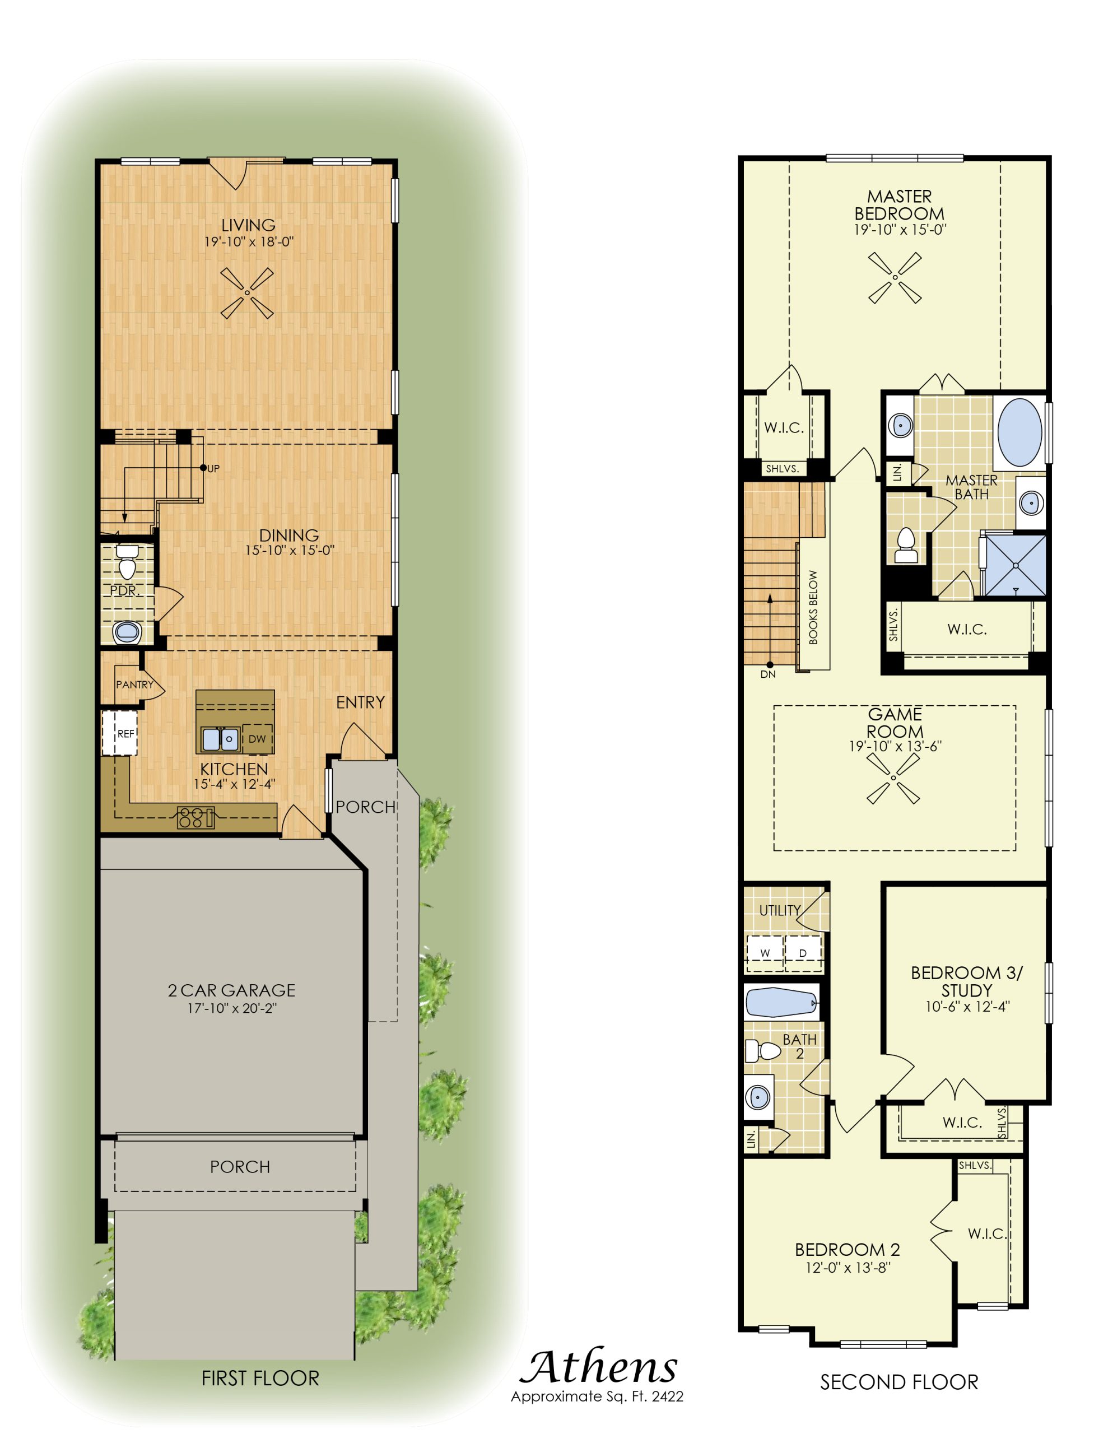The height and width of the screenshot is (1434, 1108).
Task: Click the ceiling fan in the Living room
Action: click(x=247, y=293)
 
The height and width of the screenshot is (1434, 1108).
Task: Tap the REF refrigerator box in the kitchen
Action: click(x=119, y=733)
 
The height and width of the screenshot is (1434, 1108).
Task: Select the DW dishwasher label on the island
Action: click(x=257, y=739)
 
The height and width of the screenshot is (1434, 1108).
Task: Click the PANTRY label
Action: click(x=134, y=684)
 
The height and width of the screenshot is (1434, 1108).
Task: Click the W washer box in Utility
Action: click(x=765, y=953)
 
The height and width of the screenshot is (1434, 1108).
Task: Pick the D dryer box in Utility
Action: click(x=803, y=953)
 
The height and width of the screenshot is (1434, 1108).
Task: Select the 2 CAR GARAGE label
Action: click(x=231, y=991)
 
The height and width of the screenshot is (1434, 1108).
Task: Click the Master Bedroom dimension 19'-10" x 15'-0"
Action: click(x=899, y=230)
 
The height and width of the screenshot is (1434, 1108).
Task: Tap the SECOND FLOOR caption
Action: click(x=898, y=1382)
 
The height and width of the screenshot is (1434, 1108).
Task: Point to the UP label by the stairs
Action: click(x=213, y=469)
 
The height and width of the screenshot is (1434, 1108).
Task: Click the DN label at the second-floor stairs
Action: click(x=768, y=674)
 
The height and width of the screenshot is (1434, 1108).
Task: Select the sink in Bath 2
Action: click(x=758, y=1096)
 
